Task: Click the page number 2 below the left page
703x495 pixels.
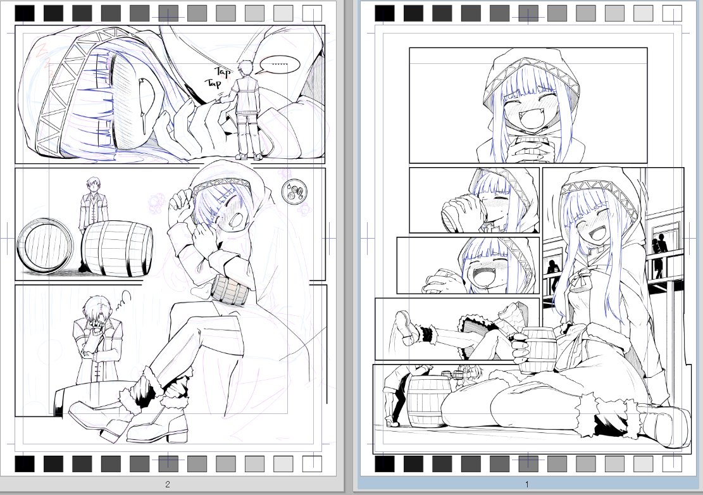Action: [x=167, y=485]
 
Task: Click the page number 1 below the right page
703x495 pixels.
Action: [x=526, y=485]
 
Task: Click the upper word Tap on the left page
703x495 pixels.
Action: [x=221, y=71]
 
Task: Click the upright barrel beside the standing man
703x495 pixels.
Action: [x=118, y=249]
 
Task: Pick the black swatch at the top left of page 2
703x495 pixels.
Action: [x=25, y=13]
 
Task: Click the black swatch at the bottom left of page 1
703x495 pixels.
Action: [x=384, y=464]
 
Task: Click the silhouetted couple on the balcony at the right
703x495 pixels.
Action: [x=659, y=256]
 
